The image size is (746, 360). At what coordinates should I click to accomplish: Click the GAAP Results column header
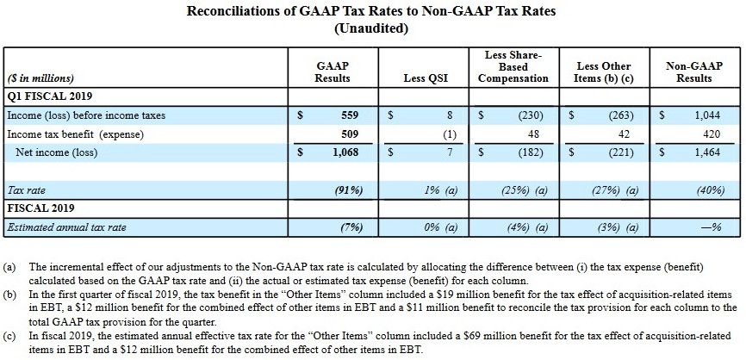pos(333,72)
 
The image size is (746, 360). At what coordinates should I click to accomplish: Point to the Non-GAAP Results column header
pos(693,72)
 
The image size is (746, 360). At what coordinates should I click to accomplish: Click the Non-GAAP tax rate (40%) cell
pos(704,189)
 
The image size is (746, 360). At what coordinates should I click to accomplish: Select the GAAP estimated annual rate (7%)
pos(350,227)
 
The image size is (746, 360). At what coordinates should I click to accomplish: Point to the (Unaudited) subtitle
pos(371,28)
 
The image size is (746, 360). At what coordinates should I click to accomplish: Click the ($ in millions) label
pos(40,78)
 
